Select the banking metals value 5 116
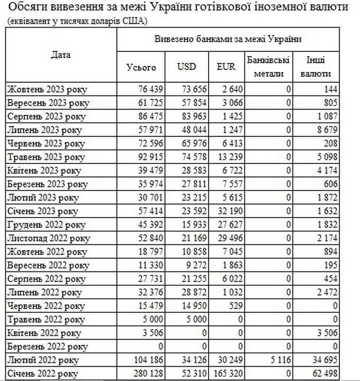(281, 360)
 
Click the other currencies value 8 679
(326, 130)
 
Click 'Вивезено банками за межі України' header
(228, 39)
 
